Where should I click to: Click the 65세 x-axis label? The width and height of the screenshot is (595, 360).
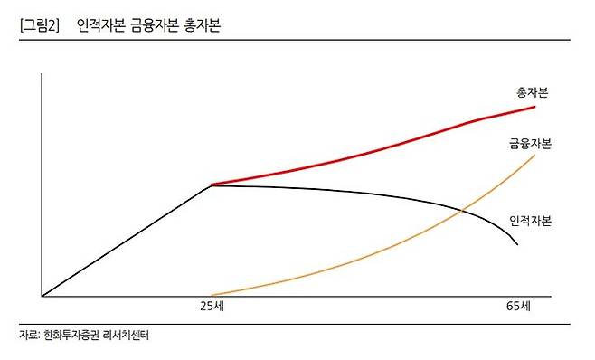tap(519, 307)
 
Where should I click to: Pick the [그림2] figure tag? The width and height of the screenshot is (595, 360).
tap(38, 26)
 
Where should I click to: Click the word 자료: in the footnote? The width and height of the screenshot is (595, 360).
tap(29, 336)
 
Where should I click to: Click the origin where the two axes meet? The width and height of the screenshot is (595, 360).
tap(42, 296)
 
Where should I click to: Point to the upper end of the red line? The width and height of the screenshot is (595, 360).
tap(535, 107)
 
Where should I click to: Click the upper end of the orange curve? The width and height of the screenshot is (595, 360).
tap(535, 156)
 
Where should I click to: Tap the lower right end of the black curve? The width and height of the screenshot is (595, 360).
tap(517, 245)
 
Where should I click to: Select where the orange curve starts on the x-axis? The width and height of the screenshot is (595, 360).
tap(211, 295)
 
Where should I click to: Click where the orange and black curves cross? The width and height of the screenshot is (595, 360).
tap(461, 211)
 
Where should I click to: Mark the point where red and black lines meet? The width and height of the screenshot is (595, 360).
tap(211, 185)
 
